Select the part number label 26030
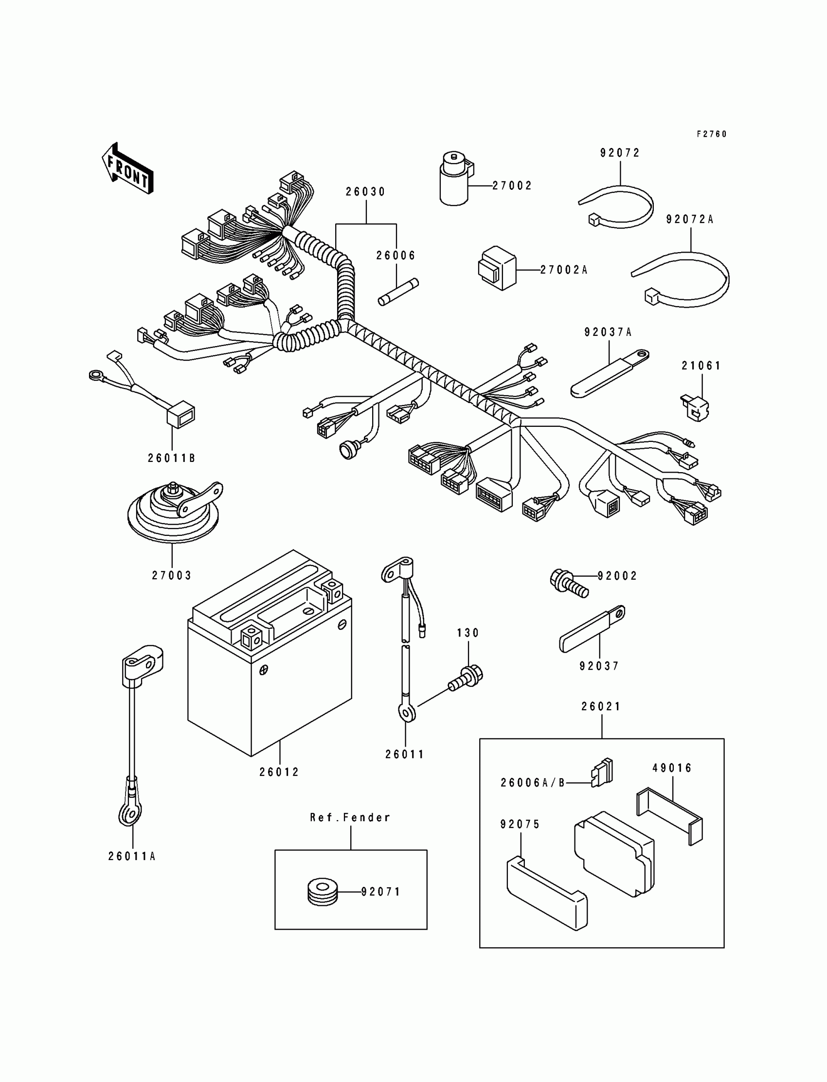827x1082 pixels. click(x=365, y=192)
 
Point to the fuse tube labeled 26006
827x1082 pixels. click(x=398, y=292)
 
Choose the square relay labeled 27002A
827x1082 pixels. click(x=497, y=269)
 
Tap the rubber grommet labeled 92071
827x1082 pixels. click(x=322, y=891)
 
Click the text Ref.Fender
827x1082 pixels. click(x=350, y=818)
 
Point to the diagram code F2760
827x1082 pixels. click(x=711, y=134)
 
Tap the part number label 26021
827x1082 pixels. click(x=601, y=706)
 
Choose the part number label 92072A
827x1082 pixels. click(x=690, y=220)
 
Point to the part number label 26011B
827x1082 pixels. click(x=172, y=458)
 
